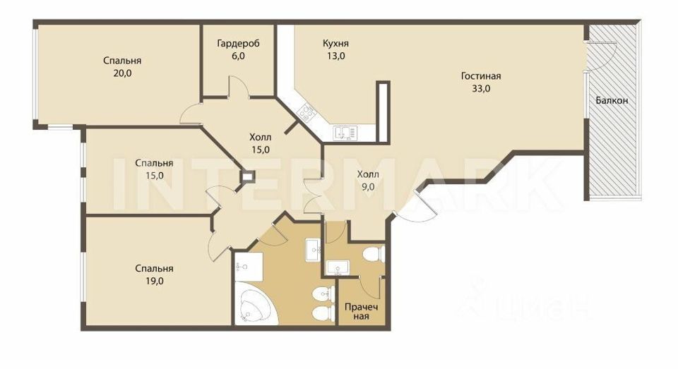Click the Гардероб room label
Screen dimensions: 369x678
pos(238,44)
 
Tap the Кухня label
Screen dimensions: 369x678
pos(336,44)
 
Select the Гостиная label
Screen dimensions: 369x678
pos(481,76)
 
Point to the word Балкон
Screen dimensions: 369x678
pos(612,101)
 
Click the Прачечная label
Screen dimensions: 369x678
pos(361,311)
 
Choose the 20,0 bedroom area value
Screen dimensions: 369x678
pos(118,73)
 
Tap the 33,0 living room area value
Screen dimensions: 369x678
pos(481,89)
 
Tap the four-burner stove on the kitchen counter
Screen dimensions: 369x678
pos(307,111)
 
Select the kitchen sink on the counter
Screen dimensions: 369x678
pos(344,131)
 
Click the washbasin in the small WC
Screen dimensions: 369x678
pos(336,267)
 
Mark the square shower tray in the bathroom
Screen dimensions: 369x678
pos(248,267)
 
